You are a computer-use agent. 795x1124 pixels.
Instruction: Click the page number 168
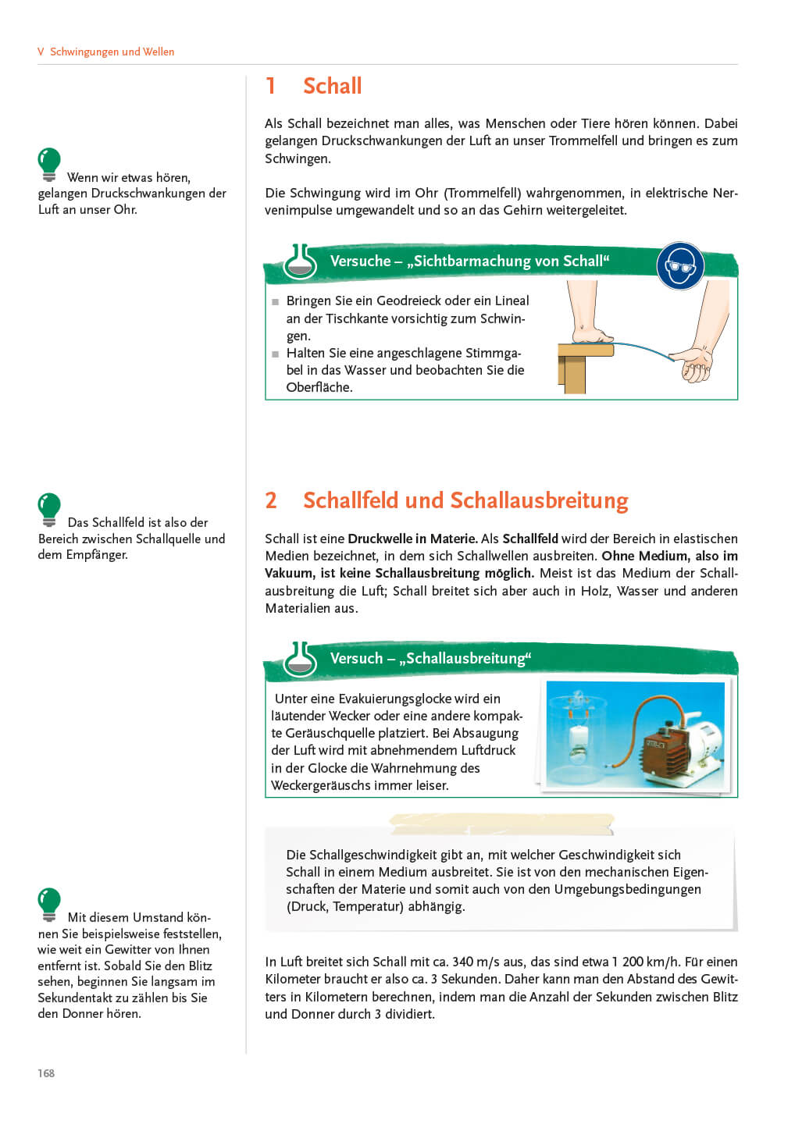[x=45, y=1072]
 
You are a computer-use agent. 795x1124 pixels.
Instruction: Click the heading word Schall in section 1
[x=332, y=86]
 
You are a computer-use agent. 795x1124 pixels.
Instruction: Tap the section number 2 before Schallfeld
[x=271, y=500]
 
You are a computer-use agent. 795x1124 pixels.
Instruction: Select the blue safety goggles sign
[x=680, y=266]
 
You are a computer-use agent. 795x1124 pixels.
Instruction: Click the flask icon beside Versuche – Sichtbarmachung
[x=300, y=261]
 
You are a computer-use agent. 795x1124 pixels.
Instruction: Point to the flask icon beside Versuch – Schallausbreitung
[x=300, y=659]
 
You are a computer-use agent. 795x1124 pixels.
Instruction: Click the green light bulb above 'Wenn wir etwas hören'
[x=49, y=164]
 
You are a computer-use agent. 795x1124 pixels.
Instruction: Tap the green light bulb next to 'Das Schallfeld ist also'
[x=49, y=509]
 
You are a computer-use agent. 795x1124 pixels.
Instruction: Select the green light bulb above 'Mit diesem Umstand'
[x=49, y=904]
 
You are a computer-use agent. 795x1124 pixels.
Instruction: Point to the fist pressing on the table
[x=592, y=334]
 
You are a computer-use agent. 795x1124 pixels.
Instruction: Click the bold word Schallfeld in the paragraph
[x=530, y=539]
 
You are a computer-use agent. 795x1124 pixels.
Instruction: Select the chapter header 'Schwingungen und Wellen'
[x=112, y=52]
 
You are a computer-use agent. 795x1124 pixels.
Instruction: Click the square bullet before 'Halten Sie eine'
[x=275, y=354]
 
